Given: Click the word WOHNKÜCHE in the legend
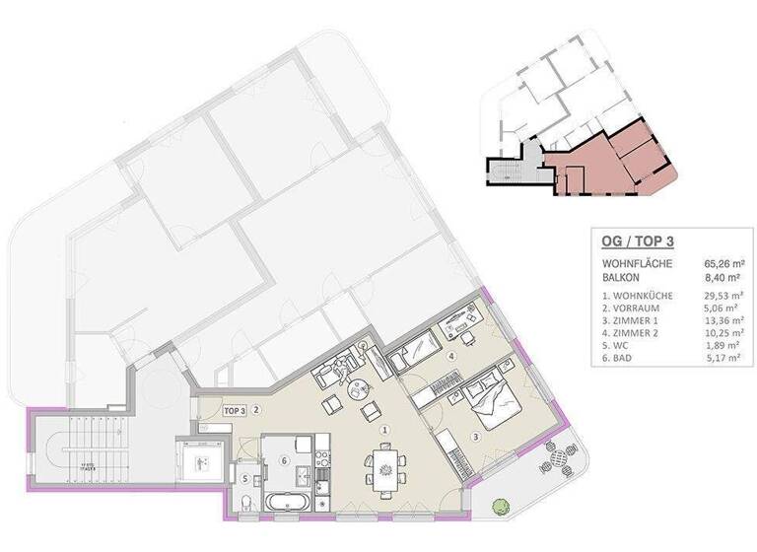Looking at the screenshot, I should [x=642, y=296].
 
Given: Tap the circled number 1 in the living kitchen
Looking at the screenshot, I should [x=385, y=430].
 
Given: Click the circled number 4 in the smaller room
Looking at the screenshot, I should [x=451, y=356].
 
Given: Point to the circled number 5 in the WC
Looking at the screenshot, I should [x=244, y=479].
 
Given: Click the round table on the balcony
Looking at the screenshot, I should [x=559, y=456].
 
